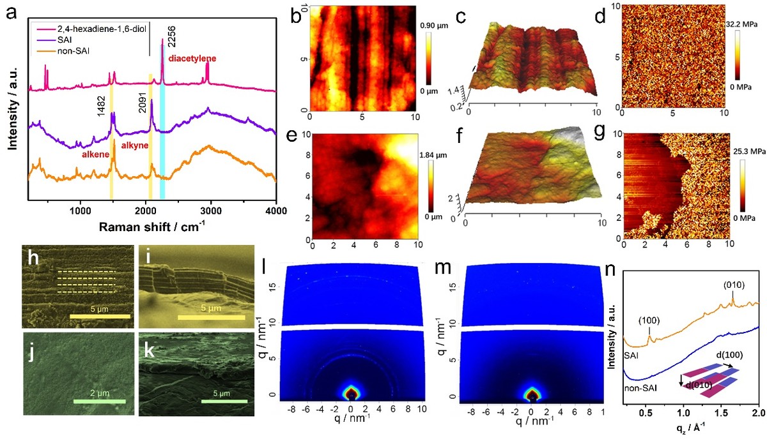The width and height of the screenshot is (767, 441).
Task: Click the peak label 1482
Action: click(101, 93)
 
